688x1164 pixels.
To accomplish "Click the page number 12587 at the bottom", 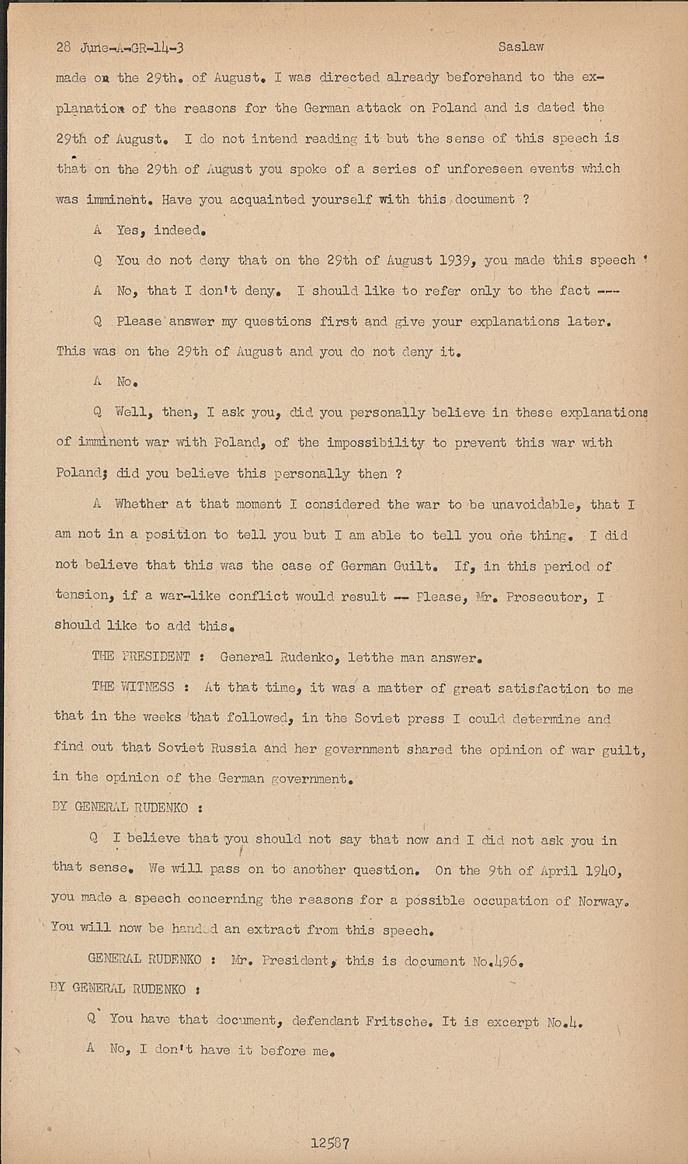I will (x=330, y=1143).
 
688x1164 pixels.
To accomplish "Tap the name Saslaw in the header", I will (x=521, y=47).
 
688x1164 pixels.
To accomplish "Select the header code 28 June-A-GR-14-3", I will (x=120, y=47).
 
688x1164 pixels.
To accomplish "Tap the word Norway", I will (x=599, y=900).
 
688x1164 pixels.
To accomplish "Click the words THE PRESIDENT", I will (x=141, y=656).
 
